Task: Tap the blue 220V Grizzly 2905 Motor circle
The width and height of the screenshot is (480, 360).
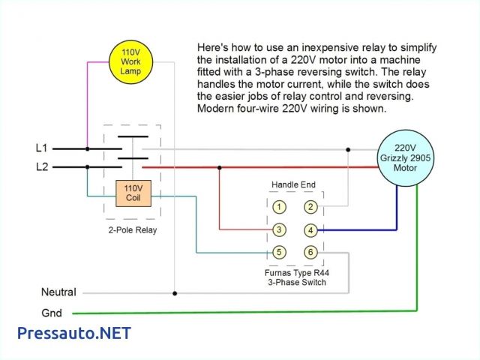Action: [405, 158]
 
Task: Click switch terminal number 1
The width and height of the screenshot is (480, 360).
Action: [278, 206]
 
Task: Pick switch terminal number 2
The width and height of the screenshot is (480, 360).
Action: [310, 206]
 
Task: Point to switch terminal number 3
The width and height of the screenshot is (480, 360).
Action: [278, 229]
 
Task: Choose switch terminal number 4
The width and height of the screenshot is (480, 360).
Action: [310, 229]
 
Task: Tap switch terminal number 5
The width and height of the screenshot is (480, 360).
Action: [278, 253]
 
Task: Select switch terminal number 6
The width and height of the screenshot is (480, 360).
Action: [310, 253]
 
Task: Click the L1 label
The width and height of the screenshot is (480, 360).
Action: [42, 148]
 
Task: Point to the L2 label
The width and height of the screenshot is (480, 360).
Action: [42, 166]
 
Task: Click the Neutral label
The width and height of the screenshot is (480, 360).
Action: [58, 292]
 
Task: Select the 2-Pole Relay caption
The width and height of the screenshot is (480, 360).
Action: [131, 230]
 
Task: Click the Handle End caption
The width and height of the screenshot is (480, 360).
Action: [294, 184]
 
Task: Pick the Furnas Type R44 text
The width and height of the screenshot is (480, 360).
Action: [296, 274]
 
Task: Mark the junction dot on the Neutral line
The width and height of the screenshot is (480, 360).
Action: [175, 292]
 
